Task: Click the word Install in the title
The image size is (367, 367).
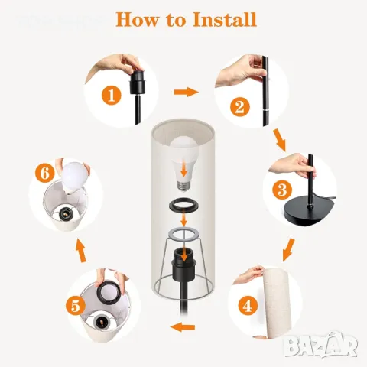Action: (224, 19)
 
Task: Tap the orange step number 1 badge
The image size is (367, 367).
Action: (112, 96)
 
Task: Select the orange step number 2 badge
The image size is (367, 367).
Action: (240, 107)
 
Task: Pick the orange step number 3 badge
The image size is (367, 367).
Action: (282, 190)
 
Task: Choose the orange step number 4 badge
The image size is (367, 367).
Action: (248, 305)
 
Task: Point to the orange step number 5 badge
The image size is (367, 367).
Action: (76, 306)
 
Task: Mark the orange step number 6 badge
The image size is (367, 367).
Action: (45, 174)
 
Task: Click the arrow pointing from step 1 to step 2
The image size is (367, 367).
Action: (186, 92)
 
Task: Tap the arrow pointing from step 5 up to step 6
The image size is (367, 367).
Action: (81, 250)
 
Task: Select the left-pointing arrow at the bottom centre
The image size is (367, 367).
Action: (183, 327)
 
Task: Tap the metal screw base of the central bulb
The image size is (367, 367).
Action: (183, 186)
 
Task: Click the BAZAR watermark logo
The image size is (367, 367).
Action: (321, 344)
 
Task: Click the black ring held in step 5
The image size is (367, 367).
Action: (110, 292)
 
